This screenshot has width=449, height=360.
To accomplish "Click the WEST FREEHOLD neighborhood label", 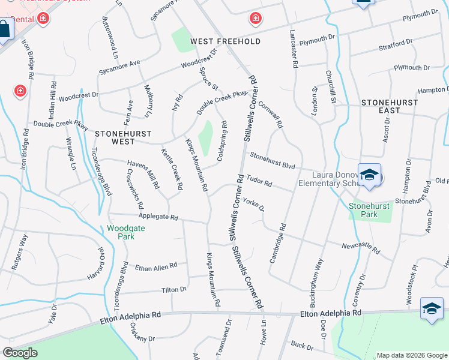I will (225, 41).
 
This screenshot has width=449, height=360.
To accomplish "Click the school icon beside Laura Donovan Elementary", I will (370, 175).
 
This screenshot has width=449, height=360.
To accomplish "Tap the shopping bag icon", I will (4, 29).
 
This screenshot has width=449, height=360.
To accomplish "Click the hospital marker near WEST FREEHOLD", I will (256, 19).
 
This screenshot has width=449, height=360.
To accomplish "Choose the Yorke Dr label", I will (254, 206).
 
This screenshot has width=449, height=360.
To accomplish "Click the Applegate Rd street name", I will (158, 217).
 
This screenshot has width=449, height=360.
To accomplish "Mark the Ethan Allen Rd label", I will (156, 266).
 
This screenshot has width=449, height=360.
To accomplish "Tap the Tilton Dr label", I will (174, 290).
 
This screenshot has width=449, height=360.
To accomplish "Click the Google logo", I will (20, 353).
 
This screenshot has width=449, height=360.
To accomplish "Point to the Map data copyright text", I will (411, 355).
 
